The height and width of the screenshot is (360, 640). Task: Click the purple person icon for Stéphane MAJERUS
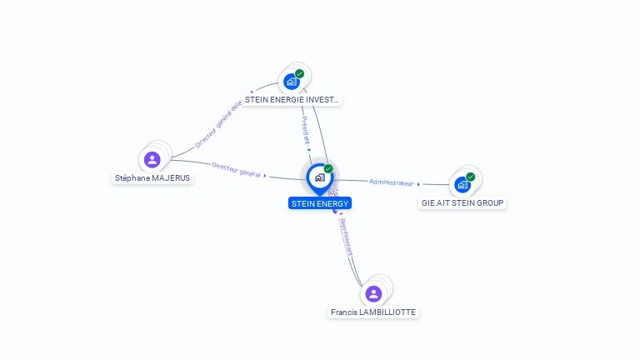(152, 159)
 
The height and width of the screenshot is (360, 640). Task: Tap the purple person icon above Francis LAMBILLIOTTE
(373, 293)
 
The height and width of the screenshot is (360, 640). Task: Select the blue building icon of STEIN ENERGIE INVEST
(291, 82)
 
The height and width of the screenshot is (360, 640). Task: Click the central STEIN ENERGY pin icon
(319, 177)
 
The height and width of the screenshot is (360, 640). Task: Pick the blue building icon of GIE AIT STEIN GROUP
(462, 185)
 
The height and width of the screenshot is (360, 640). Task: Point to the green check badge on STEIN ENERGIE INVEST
(300, 73)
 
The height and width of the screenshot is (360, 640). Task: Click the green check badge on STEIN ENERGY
(328, 168)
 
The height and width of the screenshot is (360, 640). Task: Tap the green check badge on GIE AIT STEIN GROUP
(471, 177)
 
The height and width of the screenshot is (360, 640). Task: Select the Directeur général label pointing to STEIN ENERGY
(237, 169)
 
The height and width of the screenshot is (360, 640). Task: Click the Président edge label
(305, 131)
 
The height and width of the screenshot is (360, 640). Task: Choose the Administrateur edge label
(391, 182)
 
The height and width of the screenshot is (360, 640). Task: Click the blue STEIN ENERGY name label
(320, 202)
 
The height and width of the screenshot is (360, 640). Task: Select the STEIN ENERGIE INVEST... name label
(292, 99)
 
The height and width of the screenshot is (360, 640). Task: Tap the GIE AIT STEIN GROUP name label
(462, 202)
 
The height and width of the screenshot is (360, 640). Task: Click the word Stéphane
(130, 177)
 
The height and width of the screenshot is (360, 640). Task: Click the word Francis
(344, 312)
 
